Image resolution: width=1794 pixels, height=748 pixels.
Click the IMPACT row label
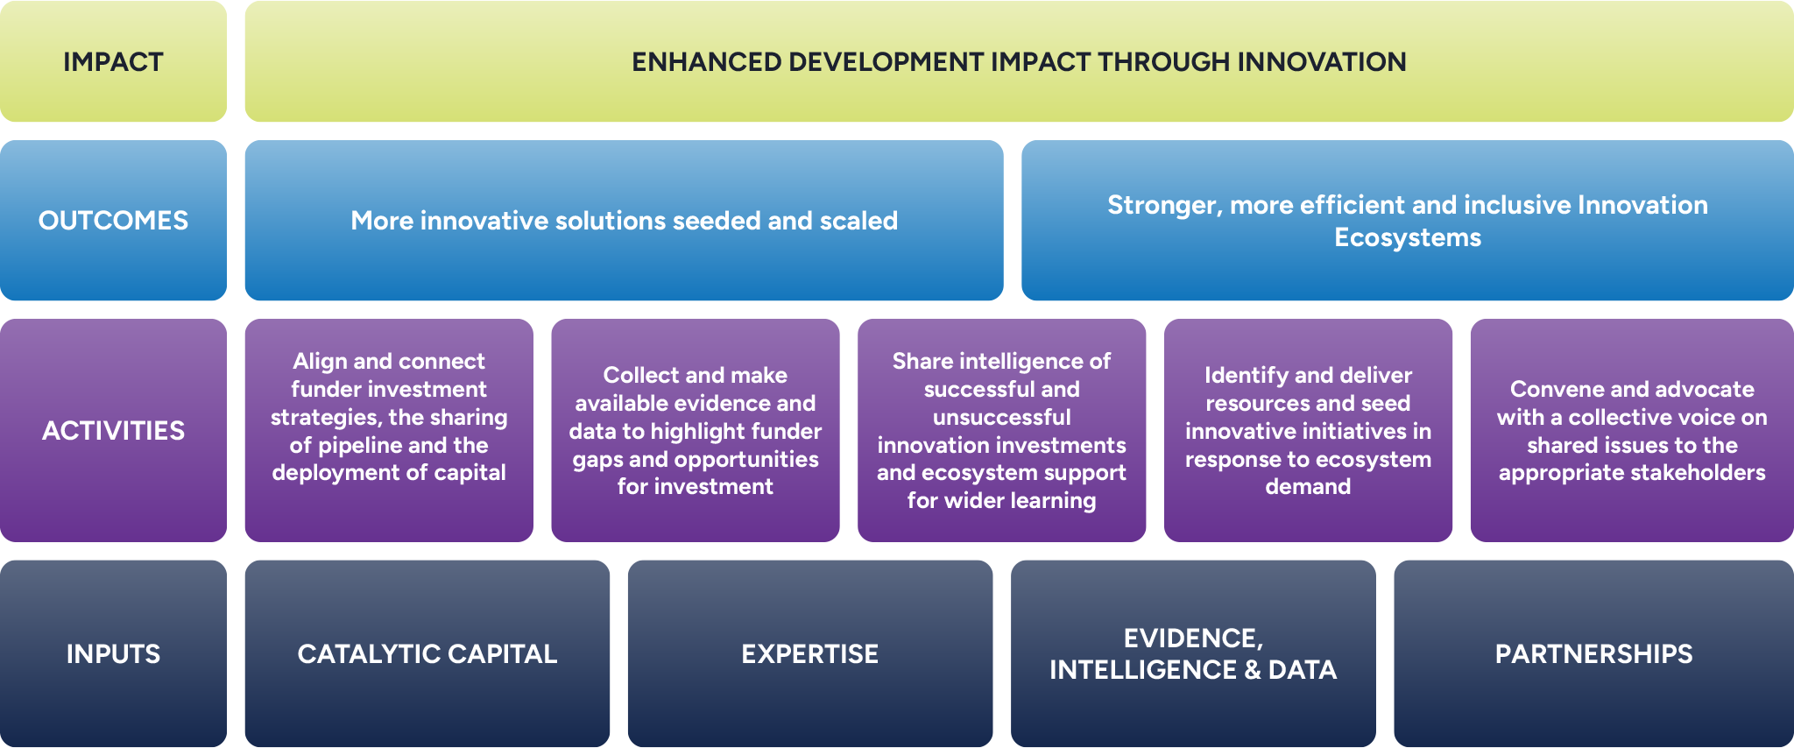click(x=113, y=61)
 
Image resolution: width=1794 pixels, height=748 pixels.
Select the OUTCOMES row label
click(x=113, y=220)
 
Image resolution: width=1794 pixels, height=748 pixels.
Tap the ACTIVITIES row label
click(x=113, y=430)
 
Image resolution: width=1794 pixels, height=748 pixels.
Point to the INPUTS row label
click(x=113, y=653)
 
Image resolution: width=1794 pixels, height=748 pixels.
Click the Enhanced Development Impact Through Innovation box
click(x=1019, y=61)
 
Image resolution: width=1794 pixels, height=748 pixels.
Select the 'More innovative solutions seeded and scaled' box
click(x=624, y=220)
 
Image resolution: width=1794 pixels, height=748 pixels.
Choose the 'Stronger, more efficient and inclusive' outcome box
click(x=1408, y=220)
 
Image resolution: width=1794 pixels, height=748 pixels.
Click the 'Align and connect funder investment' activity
click(x=389, y=430)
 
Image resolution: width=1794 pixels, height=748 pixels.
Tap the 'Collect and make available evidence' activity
click(x=696, y=430)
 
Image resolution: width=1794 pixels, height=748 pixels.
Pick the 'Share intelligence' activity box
click(x=1001, y=430)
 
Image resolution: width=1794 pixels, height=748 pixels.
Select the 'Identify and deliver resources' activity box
click(x=1308, y=430)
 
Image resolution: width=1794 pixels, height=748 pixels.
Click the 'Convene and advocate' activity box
click(x=1632, y=430)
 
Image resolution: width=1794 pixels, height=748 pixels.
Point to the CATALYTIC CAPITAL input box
click(x=427, y=653)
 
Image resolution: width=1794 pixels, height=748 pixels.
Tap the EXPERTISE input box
click(x=810, y=653)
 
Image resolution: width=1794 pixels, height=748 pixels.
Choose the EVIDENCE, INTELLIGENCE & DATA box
click(x=1193, y=653)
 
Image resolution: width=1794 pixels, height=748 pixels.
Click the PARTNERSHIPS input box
click(x=1594, y=653)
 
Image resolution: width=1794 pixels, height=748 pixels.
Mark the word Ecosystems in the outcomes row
click(x=1408, y=238)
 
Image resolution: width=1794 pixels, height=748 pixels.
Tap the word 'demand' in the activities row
click(x=1308, y=486)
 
